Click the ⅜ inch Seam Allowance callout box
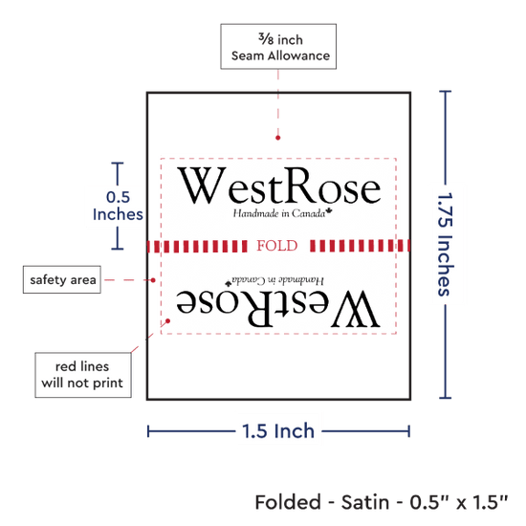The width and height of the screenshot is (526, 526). coord(278,47)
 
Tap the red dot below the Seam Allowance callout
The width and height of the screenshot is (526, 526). coord(277,138)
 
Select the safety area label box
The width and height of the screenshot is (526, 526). coord(62,279)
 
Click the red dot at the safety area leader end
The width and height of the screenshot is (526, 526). coord(153,280)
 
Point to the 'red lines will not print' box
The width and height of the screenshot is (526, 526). coord(83,375)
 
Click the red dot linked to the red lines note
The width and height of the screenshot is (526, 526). coord(168,321)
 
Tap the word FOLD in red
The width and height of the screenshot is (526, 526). coord(277,246)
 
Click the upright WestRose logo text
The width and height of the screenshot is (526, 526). coord(279,186)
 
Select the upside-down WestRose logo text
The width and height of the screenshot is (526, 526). coord(278,308)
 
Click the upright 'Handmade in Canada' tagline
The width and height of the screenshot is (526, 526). coord(279,213)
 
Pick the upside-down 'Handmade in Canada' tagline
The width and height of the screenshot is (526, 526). coord(278,280)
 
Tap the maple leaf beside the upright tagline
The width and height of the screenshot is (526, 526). coord(329,211)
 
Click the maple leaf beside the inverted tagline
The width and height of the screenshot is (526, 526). coord(229,283)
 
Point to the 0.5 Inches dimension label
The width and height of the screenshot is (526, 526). coord(118,206)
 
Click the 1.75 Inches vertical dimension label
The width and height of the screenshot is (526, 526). coord(446,245)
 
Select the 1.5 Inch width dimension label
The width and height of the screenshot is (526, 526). coord(278,431)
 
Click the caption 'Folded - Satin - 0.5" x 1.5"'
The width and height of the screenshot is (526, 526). coord(382,502)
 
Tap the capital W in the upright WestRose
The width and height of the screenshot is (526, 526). coord(201,186)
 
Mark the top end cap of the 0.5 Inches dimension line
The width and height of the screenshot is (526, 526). coord(118,163)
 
